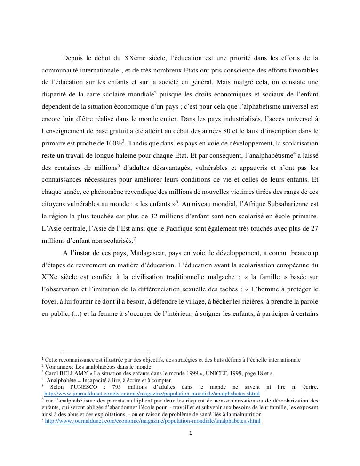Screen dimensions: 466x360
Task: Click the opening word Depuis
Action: click(x=73, y=58)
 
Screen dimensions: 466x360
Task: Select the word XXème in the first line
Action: click(x=135, y=58)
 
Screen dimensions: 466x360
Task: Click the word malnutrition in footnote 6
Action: click(x=236, y=414)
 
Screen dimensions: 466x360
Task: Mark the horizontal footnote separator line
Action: click(x=105, y=352)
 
